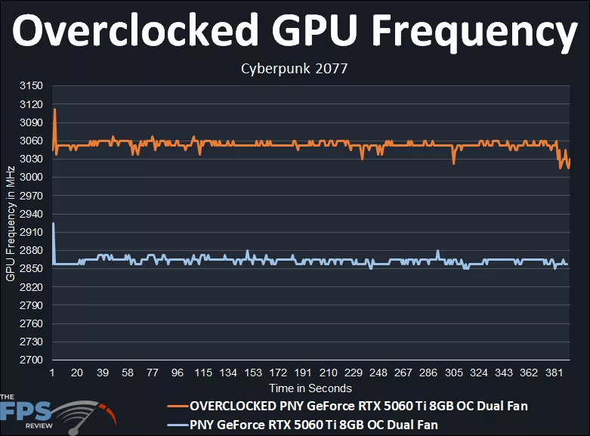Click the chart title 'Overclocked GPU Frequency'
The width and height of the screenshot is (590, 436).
[x=295, y=32]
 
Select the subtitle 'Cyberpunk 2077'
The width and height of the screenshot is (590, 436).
[x=294, y=69]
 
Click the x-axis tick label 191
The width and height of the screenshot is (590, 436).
[x=303, y=373]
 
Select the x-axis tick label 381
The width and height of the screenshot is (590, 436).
[x=554, y=373]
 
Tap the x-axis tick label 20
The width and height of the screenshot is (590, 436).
[x=77, y=373]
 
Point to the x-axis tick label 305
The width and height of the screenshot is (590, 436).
[x=453, y=373]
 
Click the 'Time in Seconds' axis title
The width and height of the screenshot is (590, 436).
[x=310, y=388]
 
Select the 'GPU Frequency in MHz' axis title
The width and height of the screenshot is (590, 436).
[x=10, y=223]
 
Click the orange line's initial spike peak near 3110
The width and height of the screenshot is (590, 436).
[x=54, y=110]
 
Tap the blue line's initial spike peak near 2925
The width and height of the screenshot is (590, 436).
[x=53, y=224]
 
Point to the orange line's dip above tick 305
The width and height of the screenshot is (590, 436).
[x=453, y=162]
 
